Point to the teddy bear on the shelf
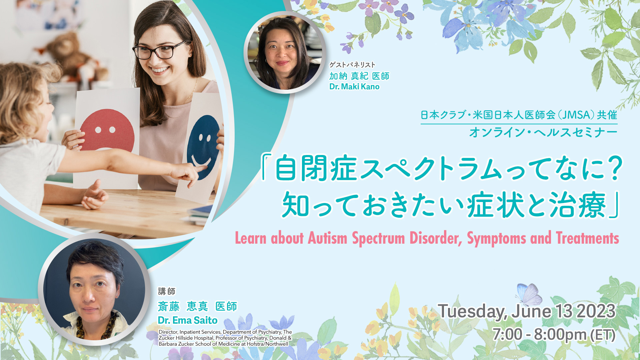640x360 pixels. coord(72,55)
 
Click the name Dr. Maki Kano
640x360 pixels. coord(354,87)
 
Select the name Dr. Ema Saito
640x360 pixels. coord(188,320)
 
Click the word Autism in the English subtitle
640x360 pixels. coord(327,238)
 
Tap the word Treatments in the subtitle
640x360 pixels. coord(587,238)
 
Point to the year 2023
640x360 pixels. coord(596,311)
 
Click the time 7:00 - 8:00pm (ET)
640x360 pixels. coord(554,335)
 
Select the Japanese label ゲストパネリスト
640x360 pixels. coord(352,65)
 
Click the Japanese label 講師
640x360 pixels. coord(167,291)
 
